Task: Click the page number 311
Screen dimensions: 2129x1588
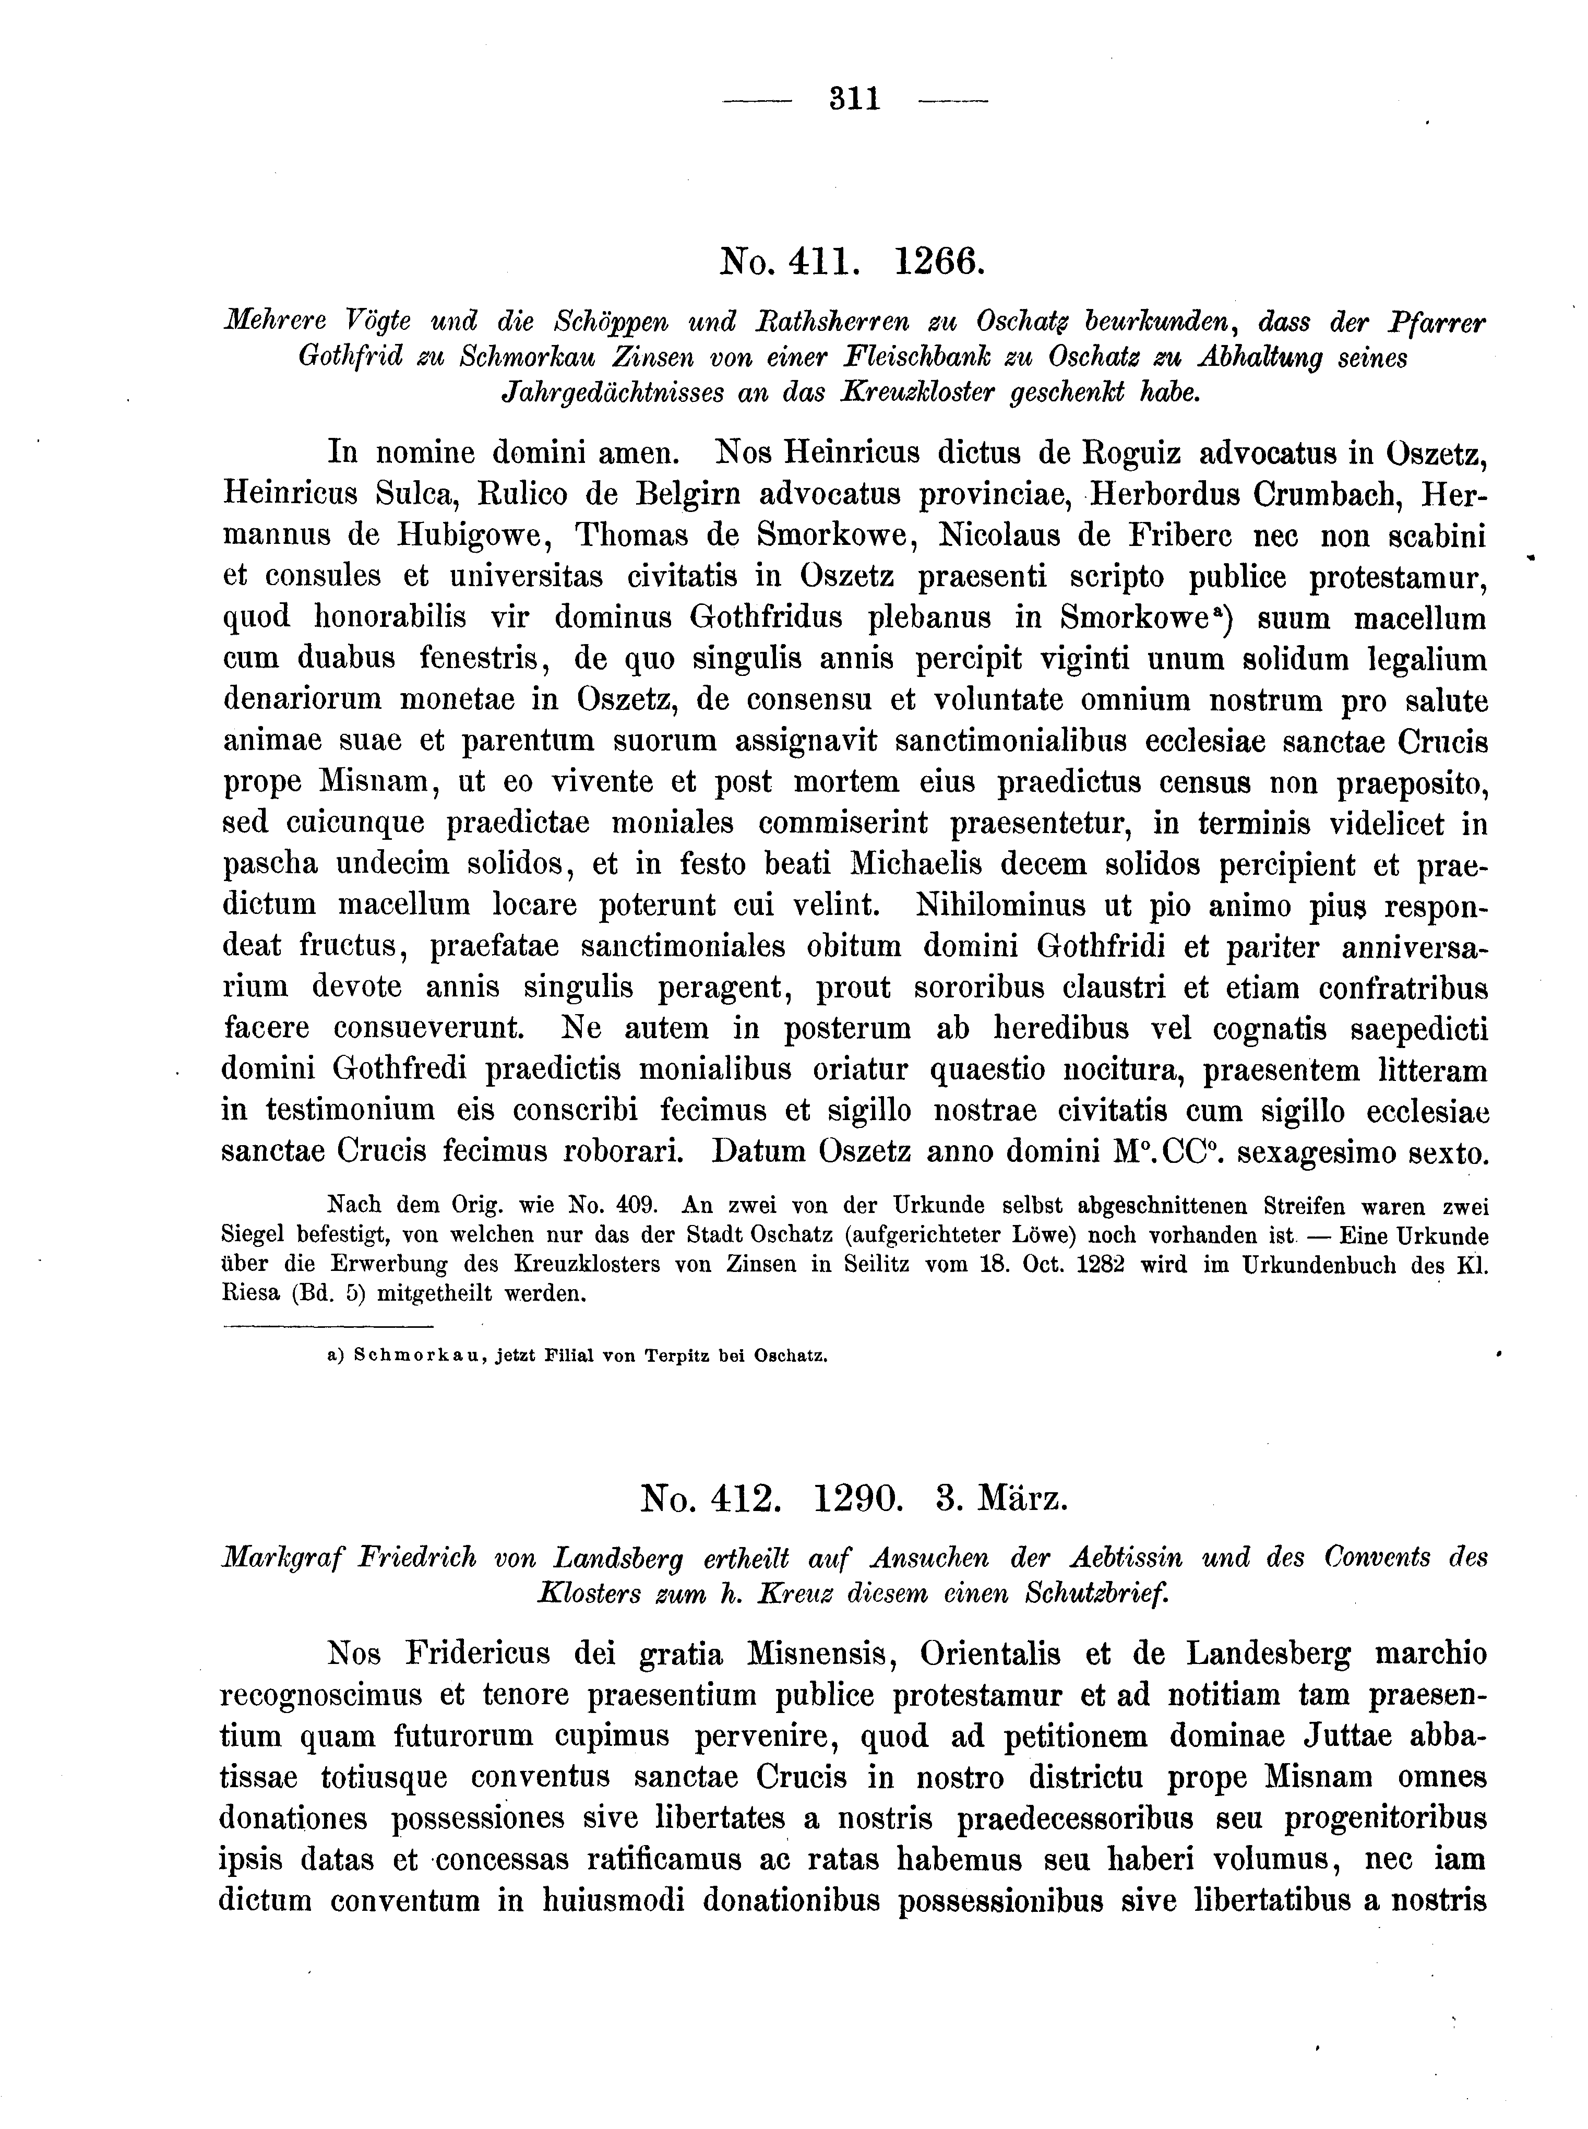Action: [x=855, y=99]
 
